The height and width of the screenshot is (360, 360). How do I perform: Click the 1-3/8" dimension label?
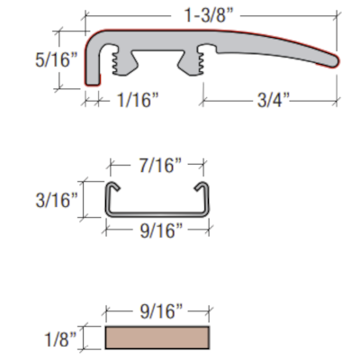(x=209, y=15)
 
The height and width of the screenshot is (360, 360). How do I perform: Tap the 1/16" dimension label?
(x=138, y=100)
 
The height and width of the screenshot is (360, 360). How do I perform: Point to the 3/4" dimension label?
(x=274, y=100)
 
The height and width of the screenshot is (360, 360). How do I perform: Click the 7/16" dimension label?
(x=160, y=166)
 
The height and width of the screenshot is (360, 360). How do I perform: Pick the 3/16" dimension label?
(x=57, y=200)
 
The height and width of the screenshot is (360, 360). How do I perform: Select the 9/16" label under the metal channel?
(x=161, y=230)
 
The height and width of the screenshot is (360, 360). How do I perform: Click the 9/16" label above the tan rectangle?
(x=161, y=311)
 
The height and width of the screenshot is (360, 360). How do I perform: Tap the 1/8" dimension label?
(x=60, y=339)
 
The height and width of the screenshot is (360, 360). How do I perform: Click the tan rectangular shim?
(x=157, y=337)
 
